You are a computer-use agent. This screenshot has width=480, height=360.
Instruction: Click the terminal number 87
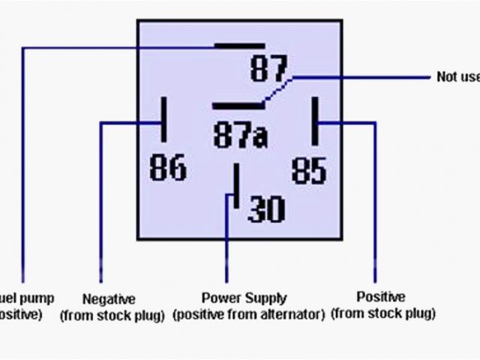coord(268,71)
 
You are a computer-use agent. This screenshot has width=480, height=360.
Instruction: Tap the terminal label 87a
coord(241,136)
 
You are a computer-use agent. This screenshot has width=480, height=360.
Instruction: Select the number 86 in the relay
coord(167,167)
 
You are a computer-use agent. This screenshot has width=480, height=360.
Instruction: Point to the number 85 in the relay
coord(308,169)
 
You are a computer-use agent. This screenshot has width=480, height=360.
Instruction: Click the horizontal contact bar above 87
coord(234,47)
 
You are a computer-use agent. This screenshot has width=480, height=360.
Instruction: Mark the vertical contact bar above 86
coord(163,118)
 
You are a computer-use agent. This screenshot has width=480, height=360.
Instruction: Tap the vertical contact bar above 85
coord(316,119)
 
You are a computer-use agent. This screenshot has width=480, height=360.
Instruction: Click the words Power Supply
coord(244,298)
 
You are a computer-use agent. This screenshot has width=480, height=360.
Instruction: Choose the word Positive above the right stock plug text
coord(381,298)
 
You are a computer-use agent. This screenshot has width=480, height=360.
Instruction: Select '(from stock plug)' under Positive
coord(383,313)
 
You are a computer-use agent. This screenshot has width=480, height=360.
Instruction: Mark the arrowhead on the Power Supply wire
coord(225,197)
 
